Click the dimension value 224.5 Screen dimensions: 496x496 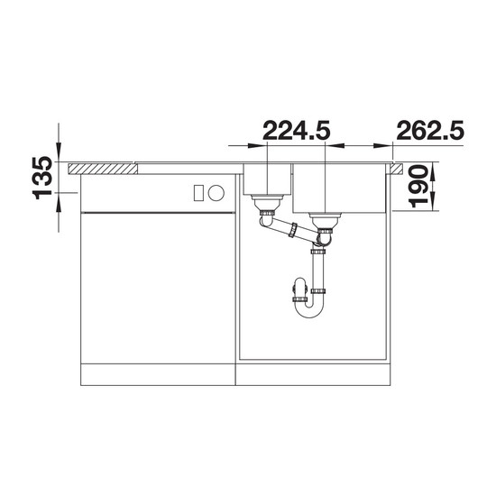[x=297, y=130]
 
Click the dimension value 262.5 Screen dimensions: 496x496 [x=430, y=130]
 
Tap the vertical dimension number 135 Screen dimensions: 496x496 [x=42, y=178]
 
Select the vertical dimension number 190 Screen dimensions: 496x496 [x=418, y=186]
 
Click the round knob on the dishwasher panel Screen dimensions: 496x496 [x=216, y=193]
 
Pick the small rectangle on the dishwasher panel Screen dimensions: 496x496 [x=198, y=193]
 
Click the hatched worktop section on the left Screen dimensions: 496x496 [x=103, y=169]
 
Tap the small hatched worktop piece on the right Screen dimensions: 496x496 [x=397, y=169]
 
